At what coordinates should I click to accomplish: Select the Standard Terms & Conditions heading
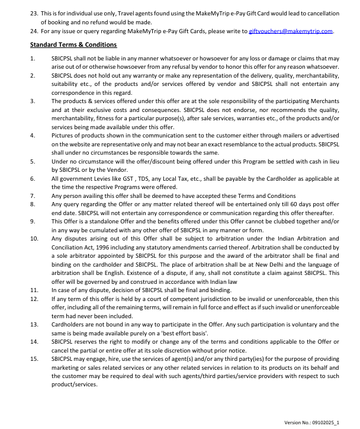73,45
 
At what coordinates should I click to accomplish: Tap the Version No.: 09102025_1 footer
311,423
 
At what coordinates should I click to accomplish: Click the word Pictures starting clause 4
63,135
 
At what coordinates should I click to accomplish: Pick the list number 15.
34,359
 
